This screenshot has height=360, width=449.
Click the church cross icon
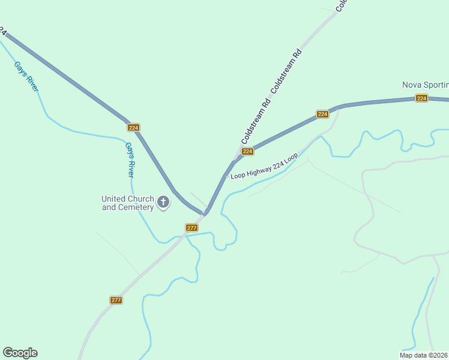[x=163, y=203]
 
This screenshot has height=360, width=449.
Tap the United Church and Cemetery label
[x=127, y=203]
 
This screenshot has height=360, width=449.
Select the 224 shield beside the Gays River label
[x=133, y=128]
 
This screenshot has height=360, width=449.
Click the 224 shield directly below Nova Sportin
[x=421, y=98]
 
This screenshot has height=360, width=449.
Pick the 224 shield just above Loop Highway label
[x=247, y=152]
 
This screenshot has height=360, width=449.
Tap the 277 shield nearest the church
[x=191, y=228]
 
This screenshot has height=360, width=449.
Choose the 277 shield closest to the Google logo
[x=116, y=300]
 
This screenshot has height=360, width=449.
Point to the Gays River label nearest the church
[x=129, y=160]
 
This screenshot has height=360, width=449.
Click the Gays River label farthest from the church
[x=28, y=76]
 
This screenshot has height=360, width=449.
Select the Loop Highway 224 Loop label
[x=264, y=166]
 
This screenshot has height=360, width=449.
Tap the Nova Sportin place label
[x=425, y=85]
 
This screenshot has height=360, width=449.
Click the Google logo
[x=20, y=353]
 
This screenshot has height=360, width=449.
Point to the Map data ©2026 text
[x=424, y=355]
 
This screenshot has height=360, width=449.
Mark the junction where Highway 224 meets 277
[x=206, y=213]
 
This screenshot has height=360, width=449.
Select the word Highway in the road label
[x=260, y=168]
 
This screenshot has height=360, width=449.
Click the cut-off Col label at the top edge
[x=341, y=5]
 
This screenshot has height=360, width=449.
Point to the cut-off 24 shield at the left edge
[x=2, y=31]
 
